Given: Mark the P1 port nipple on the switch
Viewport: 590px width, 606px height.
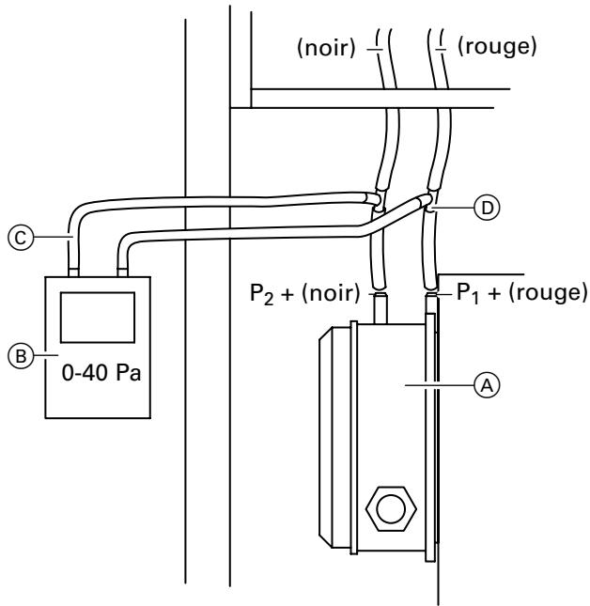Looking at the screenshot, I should click(x=433, y=304).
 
